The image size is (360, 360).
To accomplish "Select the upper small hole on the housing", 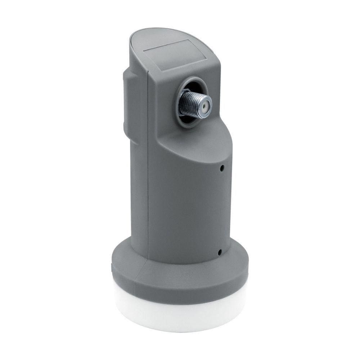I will pyautogui.click(x=223, y=168).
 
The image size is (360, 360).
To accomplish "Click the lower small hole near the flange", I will pyautogui.click(x=219, y=252).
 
